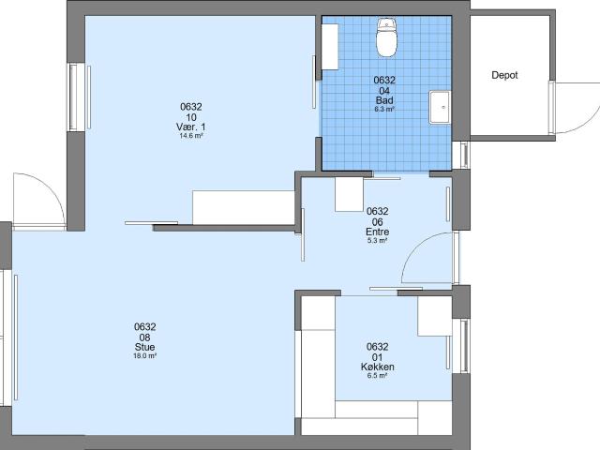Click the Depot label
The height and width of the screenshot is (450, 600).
504,75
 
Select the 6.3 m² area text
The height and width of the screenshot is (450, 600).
383,110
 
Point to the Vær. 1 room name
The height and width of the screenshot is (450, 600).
191,127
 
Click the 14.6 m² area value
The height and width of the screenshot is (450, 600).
191,136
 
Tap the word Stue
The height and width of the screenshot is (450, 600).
144,348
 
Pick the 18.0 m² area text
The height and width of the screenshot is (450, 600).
144,357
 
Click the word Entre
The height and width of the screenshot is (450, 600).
377,232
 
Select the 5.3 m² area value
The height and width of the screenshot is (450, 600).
377,241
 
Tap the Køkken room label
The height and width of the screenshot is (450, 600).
378,367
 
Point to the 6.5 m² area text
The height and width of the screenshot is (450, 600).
378,376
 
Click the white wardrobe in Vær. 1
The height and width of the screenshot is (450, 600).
244,206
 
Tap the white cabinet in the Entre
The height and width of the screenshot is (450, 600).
348,193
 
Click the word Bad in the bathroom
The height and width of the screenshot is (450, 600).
383,100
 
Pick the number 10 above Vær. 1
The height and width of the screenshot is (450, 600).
191,116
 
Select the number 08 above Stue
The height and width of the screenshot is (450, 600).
144,337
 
